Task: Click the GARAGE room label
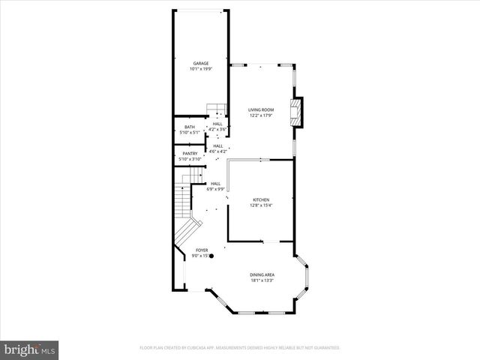click(x=200, y=63)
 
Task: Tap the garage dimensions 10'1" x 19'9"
click(x=200, y=69)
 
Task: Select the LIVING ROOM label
click(x=261, y=110)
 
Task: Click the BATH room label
click(x=190, y=127)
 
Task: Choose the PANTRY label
click(x=190, y=154)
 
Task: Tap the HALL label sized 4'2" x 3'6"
click(x=217, y=124)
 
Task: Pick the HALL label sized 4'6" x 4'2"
click(x=217, y=146)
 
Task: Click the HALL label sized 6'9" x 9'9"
click(x=215, y=184)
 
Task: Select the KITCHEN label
click(x=260, y=199)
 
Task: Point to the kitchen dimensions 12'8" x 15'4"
click(x=260, y=205)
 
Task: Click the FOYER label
click(x=202, y=250)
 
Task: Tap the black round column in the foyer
click(x=211, y=256)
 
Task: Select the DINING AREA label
click(x=262, y=275)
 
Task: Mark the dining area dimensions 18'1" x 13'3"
click(x=262, y=281)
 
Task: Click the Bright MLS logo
click(x=30, y=349)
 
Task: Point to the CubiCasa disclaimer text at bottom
click(x=240, y=348)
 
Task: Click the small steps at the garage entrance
click(x=216, y=109)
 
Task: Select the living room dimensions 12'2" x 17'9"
click(x=261, y=116)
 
